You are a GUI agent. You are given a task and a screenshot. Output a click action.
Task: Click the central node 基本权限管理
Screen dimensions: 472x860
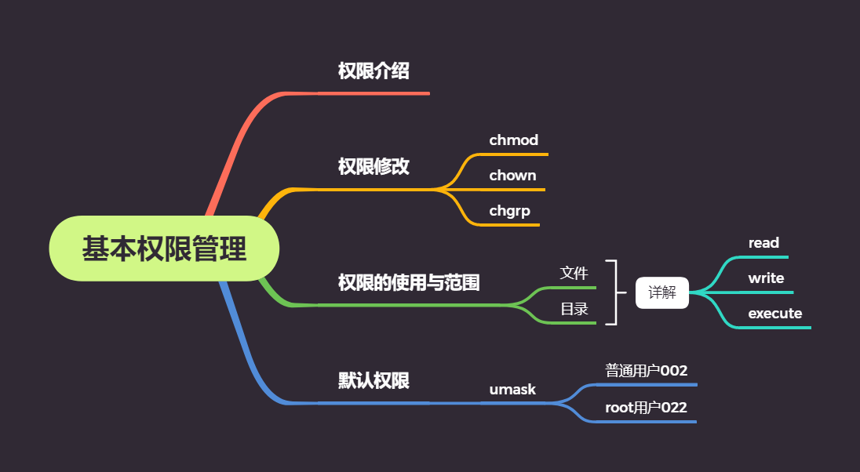(x=164, y=249)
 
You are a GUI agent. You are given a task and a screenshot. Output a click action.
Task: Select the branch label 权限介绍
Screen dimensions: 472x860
(x=374, y=71)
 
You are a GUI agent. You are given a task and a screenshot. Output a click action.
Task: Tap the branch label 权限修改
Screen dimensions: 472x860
(x=374, y=166)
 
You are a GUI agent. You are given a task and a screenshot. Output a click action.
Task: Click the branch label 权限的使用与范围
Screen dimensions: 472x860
(x=409, y=282)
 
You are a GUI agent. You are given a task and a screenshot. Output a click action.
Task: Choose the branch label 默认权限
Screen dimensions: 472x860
(x=374, y=381)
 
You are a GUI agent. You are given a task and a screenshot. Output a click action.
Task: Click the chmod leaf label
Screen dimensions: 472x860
(x=513, y=140)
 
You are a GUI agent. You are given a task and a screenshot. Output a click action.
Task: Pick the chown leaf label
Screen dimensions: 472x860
(x=512, y=176)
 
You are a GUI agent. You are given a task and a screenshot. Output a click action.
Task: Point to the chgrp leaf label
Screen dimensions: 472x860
(x=510, y=211)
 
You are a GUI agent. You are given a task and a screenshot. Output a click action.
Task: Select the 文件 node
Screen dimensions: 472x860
(x=574, y=273)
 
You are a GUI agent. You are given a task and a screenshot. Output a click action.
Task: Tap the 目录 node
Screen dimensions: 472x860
(x=574, y=309)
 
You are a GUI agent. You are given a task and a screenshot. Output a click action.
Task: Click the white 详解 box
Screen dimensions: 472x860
(x=662, y=292)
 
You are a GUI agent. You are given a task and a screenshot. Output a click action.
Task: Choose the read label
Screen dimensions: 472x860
(x=763, y=243)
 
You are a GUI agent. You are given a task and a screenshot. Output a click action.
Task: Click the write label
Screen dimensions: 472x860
(x=766, y=278)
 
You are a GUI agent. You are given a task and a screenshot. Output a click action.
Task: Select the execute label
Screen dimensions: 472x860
(x=774, y=314)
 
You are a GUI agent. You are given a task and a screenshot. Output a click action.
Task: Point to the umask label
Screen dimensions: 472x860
(x=512, y=390)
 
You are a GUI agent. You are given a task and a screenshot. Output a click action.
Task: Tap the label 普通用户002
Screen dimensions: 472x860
(x=646, y=371)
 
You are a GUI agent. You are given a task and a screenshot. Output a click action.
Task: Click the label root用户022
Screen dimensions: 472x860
(x=646, y=408)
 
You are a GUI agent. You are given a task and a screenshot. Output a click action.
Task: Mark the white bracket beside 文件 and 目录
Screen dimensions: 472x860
(x=614, y=292)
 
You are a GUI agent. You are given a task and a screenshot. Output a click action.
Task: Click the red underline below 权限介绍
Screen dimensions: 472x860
(x=377, y=93)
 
